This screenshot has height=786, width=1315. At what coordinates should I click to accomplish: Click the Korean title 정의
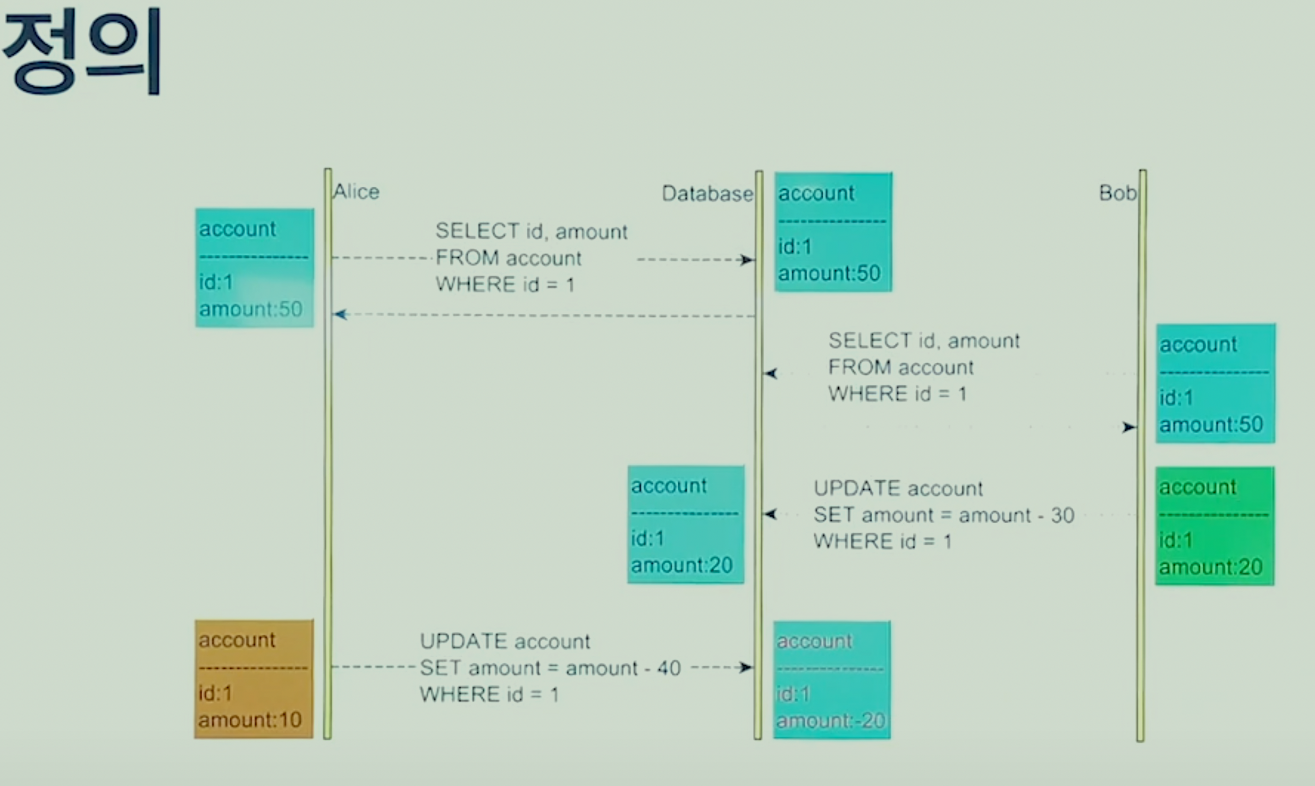(x=82, y=52)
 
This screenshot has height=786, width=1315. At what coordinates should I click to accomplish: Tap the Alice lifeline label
(x=356, y=191)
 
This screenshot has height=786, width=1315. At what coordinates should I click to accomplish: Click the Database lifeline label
(x=708, y=193)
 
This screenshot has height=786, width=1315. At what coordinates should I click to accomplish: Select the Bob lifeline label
(x=1117, y=193)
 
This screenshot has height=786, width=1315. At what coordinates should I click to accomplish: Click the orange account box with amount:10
(x=254, y=679)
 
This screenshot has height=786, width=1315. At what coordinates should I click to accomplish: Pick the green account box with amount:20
(x=1214, y=526)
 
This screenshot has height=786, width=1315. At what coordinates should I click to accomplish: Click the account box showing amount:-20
(x=832, y=680)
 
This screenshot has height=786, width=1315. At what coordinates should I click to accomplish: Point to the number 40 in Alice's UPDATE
(x=669, y=668)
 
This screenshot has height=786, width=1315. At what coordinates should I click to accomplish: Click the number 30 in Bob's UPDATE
(x=1062, y=515)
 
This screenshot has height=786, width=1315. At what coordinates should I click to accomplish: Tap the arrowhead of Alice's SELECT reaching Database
(x=748, y=259)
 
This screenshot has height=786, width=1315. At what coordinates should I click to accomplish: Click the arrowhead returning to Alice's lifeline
(x=340, y=315)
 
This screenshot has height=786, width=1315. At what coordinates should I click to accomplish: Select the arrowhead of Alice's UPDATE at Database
(x=747, y=667)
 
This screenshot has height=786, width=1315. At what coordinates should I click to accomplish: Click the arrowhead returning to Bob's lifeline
(x=1129, y=427)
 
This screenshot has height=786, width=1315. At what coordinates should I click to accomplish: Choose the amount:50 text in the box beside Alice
(x=251, y=309)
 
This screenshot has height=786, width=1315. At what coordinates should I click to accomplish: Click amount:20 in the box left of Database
(x=682, y=565)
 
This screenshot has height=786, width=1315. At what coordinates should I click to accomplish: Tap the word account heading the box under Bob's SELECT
(x=1198, y=345)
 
